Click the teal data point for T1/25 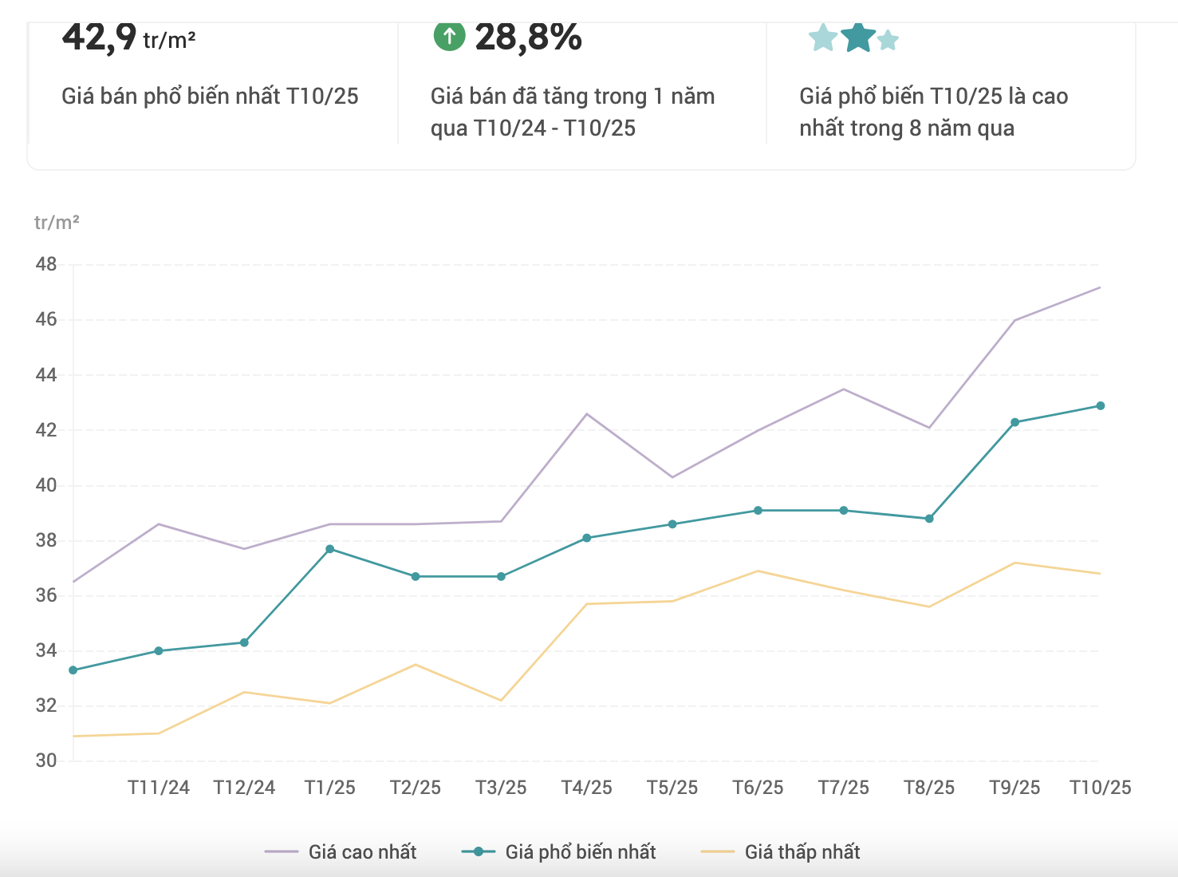330,549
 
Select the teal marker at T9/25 1014,422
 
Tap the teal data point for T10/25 1101,405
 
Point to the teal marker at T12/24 244,642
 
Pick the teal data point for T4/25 587,538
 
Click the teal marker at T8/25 929,519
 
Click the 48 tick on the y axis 46,264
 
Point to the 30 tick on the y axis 46,760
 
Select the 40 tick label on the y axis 46,485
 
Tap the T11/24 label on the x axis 159,788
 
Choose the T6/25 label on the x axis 758,788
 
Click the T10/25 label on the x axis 1101,788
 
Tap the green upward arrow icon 449,36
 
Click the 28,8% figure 528,37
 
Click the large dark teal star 858,37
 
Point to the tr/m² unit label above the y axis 57,223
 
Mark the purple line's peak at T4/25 587,413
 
